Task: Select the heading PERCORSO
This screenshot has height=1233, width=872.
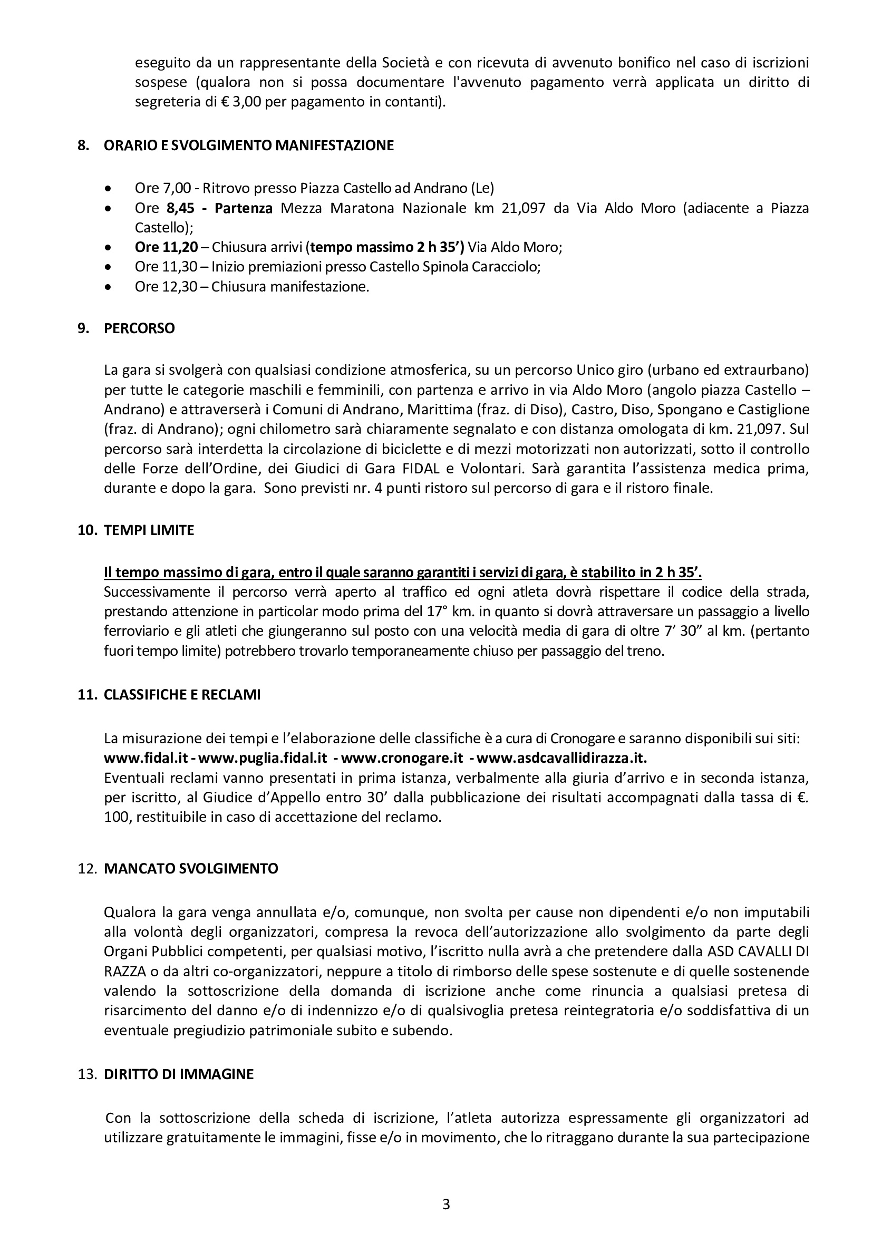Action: [139, 328]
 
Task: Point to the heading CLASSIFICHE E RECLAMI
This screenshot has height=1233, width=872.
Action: [182, 694]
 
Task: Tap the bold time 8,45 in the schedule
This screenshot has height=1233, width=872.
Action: [179, 208]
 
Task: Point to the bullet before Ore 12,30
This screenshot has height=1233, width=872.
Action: [109, 287]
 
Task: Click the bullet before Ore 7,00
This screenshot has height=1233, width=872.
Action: [109, 189]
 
